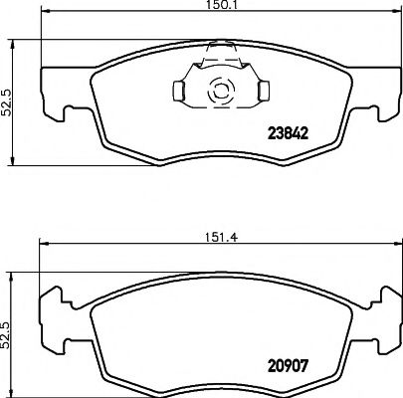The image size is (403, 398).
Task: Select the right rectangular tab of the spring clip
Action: [263, 92]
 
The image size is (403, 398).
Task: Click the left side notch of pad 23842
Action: [61, 116]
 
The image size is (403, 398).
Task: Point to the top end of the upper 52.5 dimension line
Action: [11, 41]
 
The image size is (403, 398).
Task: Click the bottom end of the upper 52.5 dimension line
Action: [11, 165]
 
